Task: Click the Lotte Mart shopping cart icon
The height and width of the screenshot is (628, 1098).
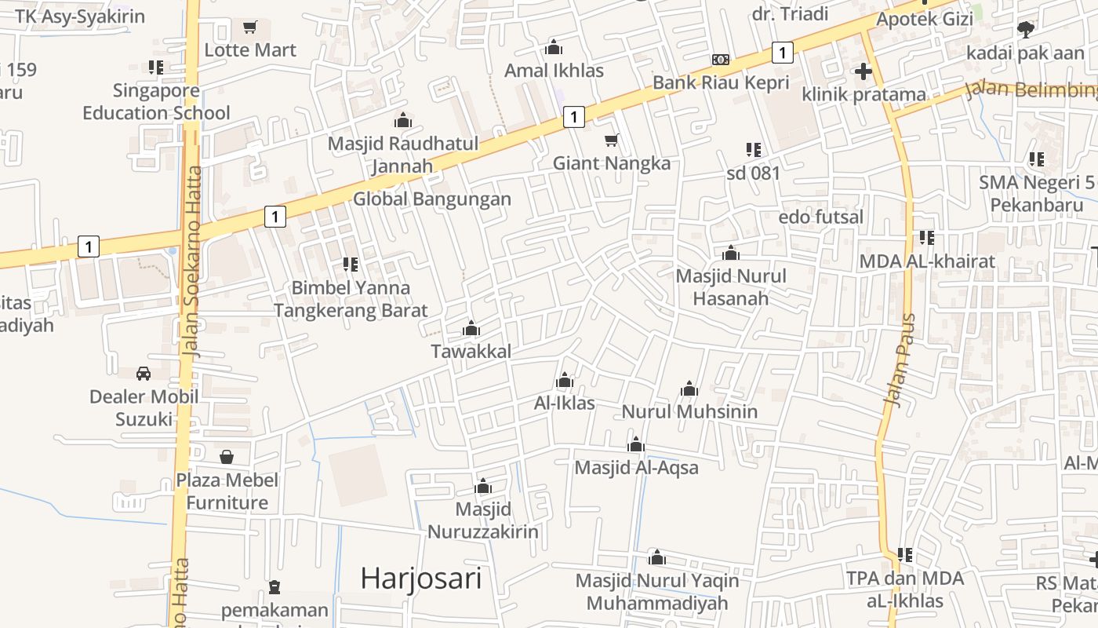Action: (x=250, y=27)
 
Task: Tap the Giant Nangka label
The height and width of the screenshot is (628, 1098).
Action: (x=612, y=163)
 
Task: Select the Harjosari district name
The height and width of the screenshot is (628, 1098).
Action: (x=420, y=579)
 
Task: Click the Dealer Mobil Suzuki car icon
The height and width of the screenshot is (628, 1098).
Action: (x=144, y=374)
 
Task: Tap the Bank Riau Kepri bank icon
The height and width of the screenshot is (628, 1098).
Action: (x=721, y=60)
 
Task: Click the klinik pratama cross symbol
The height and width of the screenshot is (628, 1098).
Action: (x=863, y=71)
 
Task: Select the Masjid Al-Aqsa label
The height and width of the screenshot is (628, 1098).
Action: (x=636, y=467)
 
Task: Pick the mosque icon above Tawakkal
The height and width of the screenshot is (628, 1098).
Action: (x=471, y=328)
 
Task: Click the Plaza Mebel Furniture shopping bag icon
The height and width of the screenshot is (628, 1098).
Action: (x=227, y=456)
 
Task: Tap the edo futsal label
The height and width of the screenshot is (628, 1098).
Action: (x=820, y=217)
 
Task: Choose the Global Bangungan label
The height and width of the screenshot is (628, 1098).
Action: (x=431, y=199)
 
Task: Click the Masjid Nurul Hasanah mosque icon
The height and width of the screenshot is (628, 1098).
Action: (x=731, y=253)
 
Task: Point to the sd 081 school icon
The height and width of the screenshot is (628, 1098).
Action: (x=754, y=149)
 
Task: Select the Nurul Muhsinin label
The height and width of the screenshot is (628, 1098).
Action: (x=689, y=411)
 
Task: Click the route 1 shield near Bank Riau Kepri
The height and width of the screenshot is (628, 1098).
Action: (x=782, y=53)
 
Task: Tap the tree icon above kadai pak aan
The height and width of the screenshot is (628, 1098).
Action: (x=1024, y=30)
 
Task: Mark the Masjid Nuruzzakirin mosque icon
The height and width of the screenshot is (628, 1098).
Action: (x=483, y=486)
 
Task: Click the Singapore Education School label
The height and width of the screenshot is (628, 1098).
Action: (x=156, y=101)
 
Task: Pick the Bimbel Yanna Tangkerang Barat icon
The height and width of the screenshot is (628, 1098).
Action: (x=351, y=265)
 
